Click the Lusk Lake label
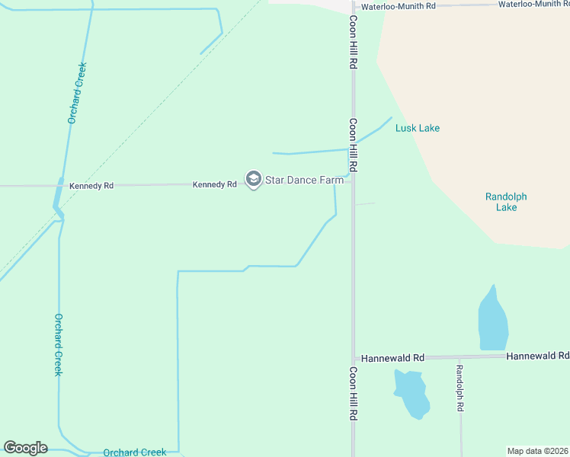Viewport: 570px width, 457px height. point(417,128)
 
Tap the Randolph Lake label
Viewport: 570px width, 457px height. point(506,202)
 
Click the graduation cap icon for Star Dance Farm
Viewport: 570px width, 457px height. point(253,180)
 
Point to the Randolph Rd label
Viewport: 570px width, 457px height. point(460,388)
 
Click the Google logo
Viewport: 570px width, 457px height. point(25,448)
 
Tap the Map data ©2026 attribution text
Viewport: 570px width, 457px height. point(538,451)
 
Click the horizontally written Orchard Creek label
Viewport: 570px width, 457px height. point(135,452)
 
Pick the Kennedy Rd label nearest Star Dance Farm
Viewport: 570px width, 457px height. point(214,184)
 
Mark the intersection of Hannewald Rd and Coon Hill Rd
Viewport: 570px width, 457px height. point(353,358)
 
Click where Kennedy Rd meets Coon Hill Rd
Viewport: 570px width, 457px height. point(352,183)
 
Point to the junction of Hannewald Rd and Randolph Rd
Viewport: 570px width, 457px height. point(460,356)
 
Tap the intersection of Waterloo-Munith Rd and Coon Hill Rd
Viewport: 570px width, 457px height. point(353,6)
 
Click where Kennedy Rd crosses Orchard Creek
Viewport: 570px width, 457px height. point(60,185)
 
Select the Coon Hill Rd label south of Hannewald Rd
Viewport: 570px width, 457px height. point(353,394)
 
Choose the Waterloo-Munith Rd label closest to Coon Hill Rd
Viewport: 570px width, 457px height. point(398,6)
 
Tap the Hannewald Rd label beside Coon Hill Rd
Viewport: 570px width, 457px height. point(392,357)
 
